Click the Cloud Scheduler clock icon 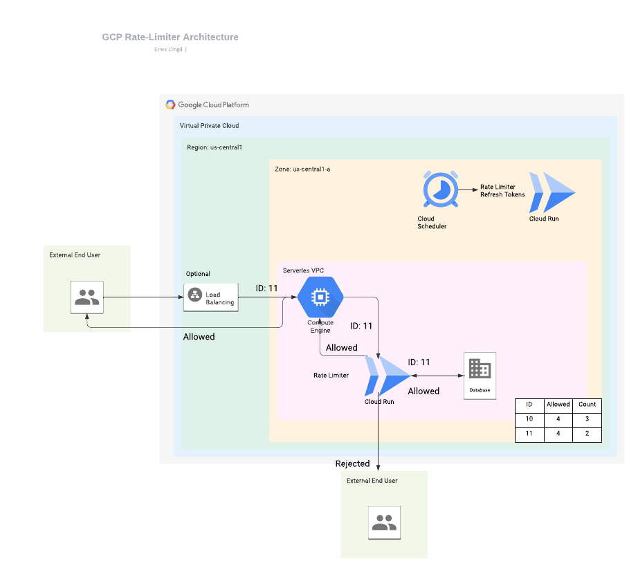point(441,190)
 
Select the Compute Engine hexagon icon point(320,297)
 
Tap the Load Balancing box point(211,298)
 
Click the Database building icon point(480,369)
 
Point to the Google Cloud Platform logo point(170,105)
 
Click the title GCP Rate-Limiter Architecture point(170,37)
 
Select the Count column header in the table point(587,405)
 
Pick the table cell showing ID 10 point(529,419)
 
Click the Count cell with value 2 point(587,434)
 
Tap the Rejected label point(352,464)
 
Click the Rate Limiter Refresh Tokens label point(502,191)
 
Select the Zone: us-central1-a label point(302,169)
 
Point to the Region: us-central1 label point(215,147)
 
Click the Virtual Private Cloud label point(209,126)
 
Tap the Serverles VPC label point(303,270)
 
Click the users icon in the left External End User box point(87,297)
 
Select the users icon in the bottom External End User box point(385,523)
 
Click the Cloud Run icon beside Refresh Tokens point(552,192)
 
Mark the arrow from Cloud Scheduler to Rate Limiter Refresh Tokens point(468,190)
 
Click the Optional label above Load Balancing point(198,274)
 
